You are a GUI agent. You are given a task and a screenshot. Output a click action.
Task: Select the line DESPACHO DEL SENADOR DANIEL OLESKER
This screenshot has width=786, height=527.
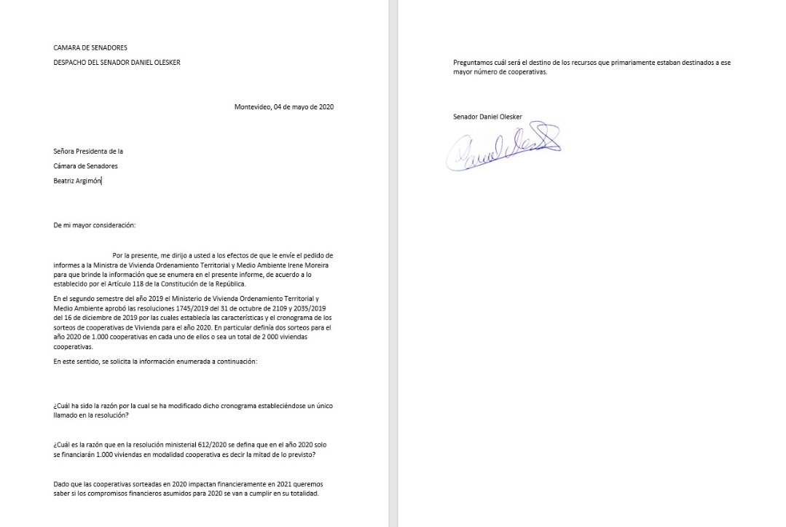117,63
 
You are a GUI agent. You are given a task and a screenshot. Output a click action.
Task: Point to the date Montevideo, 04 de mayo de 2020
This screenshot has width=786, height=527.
284,107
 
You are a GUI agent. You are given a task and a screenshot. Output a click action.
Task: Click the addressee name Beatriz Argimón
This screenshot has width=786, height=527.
78,180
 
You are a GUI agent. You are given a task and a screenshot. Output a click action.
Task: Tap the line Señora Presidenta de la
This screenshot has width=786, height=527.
88,152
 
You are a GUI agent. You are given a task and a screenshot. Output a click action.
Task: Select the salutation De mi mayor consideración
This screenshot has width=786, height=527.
95,225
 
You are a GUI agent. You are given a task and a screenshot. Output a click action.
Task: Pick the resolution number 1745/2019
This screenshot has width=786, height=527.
219,308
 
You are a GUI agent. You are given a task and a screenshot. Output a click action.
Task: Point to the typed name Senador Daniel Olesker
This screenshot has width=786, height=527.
487,117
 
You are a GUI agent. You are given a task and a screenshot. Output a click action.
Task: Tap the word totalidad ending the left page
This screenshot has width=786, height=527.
302,493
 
